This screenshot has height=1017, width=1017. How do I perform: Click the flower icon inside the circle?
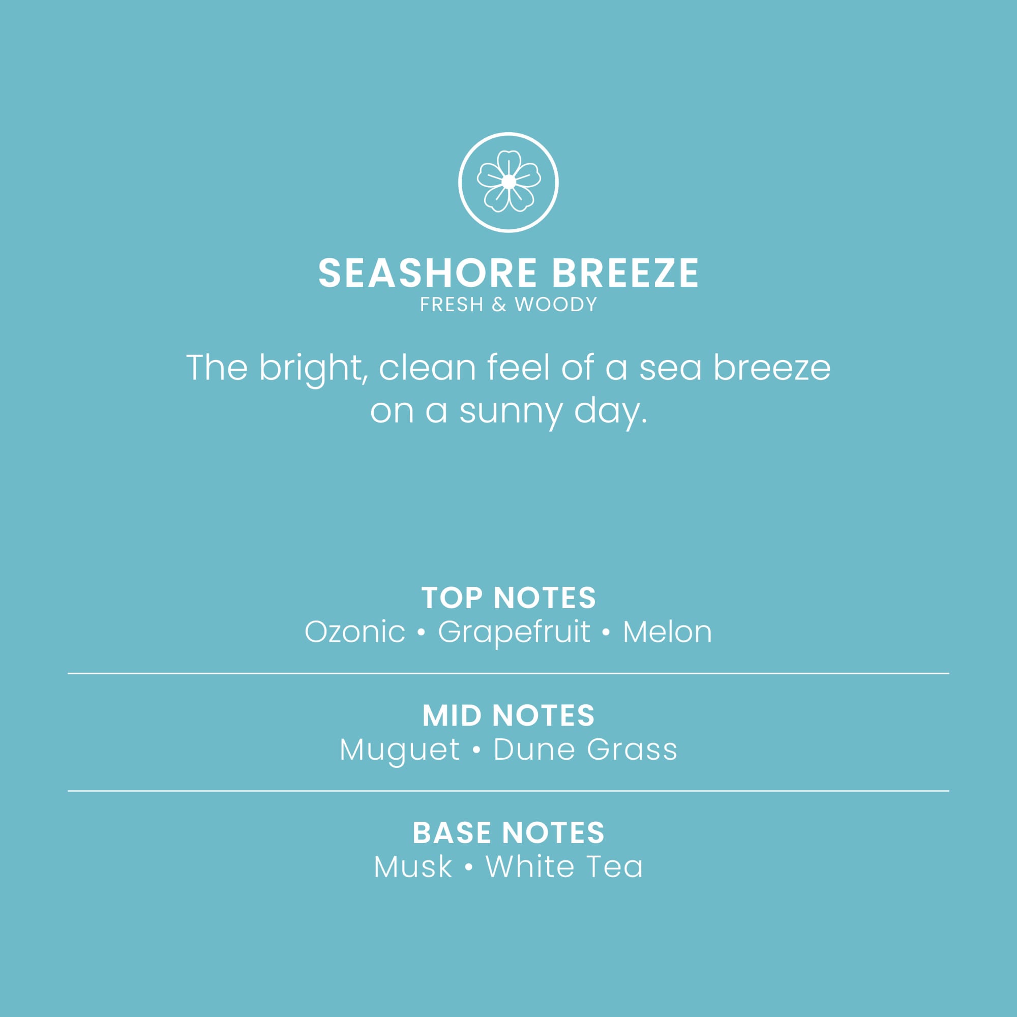tap(508, 182)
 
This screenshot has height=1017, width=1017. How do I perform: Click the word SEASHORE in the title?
tap(428, 273)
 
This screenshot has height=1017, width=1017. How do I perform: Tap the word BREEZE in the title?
tap(625, 273)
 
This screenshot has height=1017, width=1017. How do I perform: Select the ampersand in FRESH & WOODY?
tap(498, 305)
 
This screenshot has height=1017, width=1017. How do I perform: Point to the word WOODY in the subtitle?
tap(556, 305)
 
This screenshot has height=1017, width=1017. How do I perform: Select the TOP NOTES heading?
tap(508, 598)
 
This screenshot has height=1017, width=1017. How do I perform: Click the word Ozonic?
tap(355, 632)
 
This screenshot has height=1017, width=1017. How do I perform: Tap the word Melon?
tap(668, 632)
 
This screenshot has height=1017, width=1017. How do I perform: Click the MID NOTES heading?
tap(508, 716)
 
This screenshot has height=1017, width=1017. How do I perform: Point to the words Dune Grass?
tap(585, 750)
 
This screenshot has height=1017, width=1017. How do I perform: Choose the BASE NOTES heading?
tap(508, 833)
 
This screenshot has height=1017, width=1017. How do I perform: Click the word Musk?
tap(413, 867)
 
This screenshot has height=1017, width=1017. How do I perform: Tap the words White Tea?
tap(564, 867)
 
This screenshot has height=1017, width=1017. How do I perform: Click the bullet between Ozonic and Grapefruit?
tap(421, 633)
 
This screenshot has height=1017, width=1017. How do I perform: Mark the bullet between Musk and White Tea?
tap(468, 868)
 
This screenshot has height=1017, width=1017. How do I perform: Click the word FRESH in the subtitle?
tap(451, 305)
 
